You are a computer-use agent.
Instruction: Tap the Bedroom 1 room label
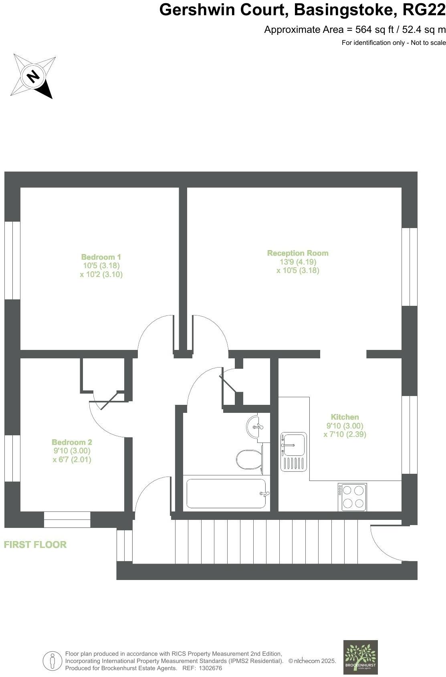pos(101,257)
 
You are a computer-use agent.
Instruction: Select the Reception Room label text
pos(298,253)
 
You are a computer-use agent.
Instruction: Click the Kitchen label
pos(345,417)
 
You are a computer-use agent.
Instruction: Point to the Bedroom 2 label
pos(72,442)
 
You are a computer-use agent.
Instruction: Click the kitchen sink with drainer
pos(294,451)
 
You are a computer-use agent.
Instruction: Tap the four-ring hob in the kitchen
pos(353,497)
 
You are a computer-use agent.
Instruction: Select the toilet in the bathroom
pos(248,459)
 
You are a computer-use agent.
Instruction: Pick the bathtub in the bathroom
pos(226,493)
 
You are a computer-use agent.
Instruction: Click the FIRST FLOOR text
pos(35,544)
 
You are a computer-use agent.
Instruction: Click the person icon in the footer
pos(52,661)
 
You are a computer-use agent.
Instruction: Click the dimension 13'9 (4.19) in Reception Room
pos(298,262)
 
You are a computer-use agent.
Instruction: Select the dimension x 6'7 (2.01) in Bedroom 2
pos(72,459)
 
